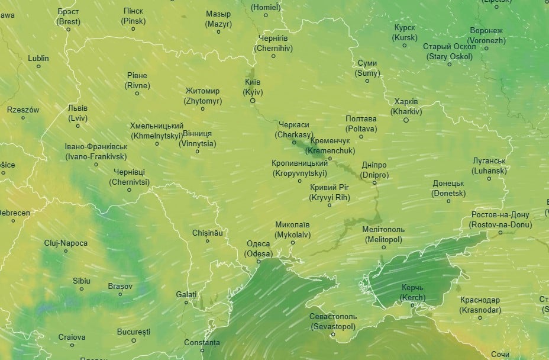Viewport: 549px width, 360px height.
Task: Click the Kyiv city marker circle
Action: tap(253, 101)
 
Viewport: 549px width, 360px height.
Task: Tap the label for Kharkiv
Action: tap(406, 107)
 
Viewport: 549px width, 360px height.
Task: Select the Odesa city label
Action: tap(258, 249)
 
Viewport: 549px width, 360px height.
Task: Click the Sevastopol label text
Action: tap(332, 322)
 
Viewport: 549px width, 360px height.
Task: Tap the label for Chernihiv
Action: tap(273, 43)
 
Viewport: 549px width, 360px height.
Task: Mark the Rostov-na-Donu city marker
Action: tap(500, 233)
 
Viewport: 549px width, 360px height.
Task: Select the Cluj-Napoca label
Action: tap(66, 243)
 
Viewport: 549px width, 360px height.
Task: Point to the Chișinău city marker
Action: tap(208, 241)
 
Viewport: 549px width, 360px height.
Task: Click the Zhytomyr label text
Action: tap(202, 96)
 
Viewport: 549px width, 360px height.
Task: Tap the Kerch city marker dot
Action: tap(412, 306)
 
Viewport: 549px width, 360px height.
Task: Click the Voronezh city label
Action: tap(486, 36)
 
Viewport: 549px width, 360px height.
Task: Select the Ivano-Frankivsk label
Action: tap(96, 152)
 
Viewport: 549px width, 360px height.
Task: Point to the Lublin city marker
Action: tap(39, 66)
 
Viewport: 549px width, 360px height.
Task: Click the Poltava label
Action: tap(361, 124)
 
